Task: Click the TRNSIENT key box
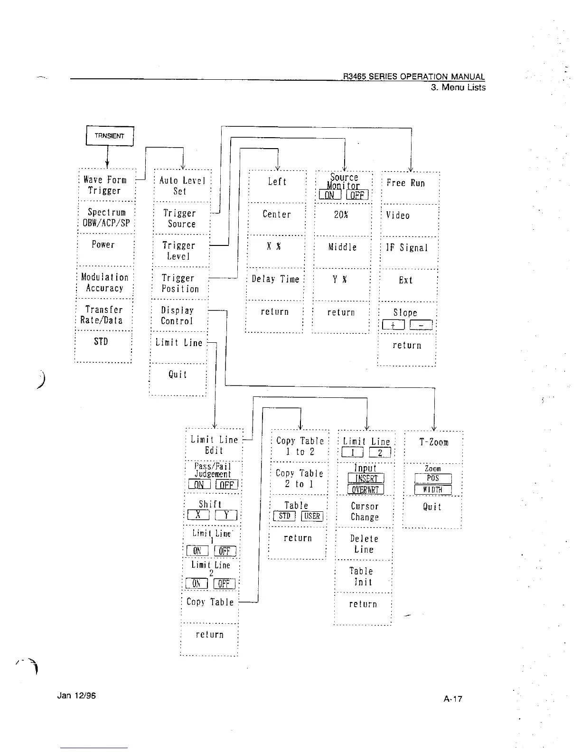pos(110,136)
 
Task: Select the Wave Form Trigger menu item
pos(105,185)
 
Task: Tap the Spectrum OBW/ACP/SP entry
pos(106,218)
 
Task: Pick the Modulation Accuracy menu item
pos(104,282)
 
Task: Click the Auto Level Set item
pos(182,186)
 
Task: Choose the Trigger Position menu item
pos(179,283)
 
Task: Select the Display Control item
pos(178,316)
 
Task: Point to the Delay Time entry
pos(275,279)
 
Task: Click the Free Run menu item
pos(406,183)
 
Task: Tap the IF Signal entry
pos(407,248)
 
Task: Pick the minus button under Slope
pos(421,325)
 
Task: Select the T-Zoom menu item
pos(433,442)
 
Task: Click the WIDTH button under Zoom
pos(433,490)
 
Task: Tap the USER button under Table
pos(312,517)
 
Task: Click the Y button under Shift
pos(226,516)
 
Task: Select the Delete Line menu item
pos(364,544)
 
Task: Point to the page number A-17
pos(453,699)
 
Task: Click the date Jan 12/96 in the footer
pos(76,696)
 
